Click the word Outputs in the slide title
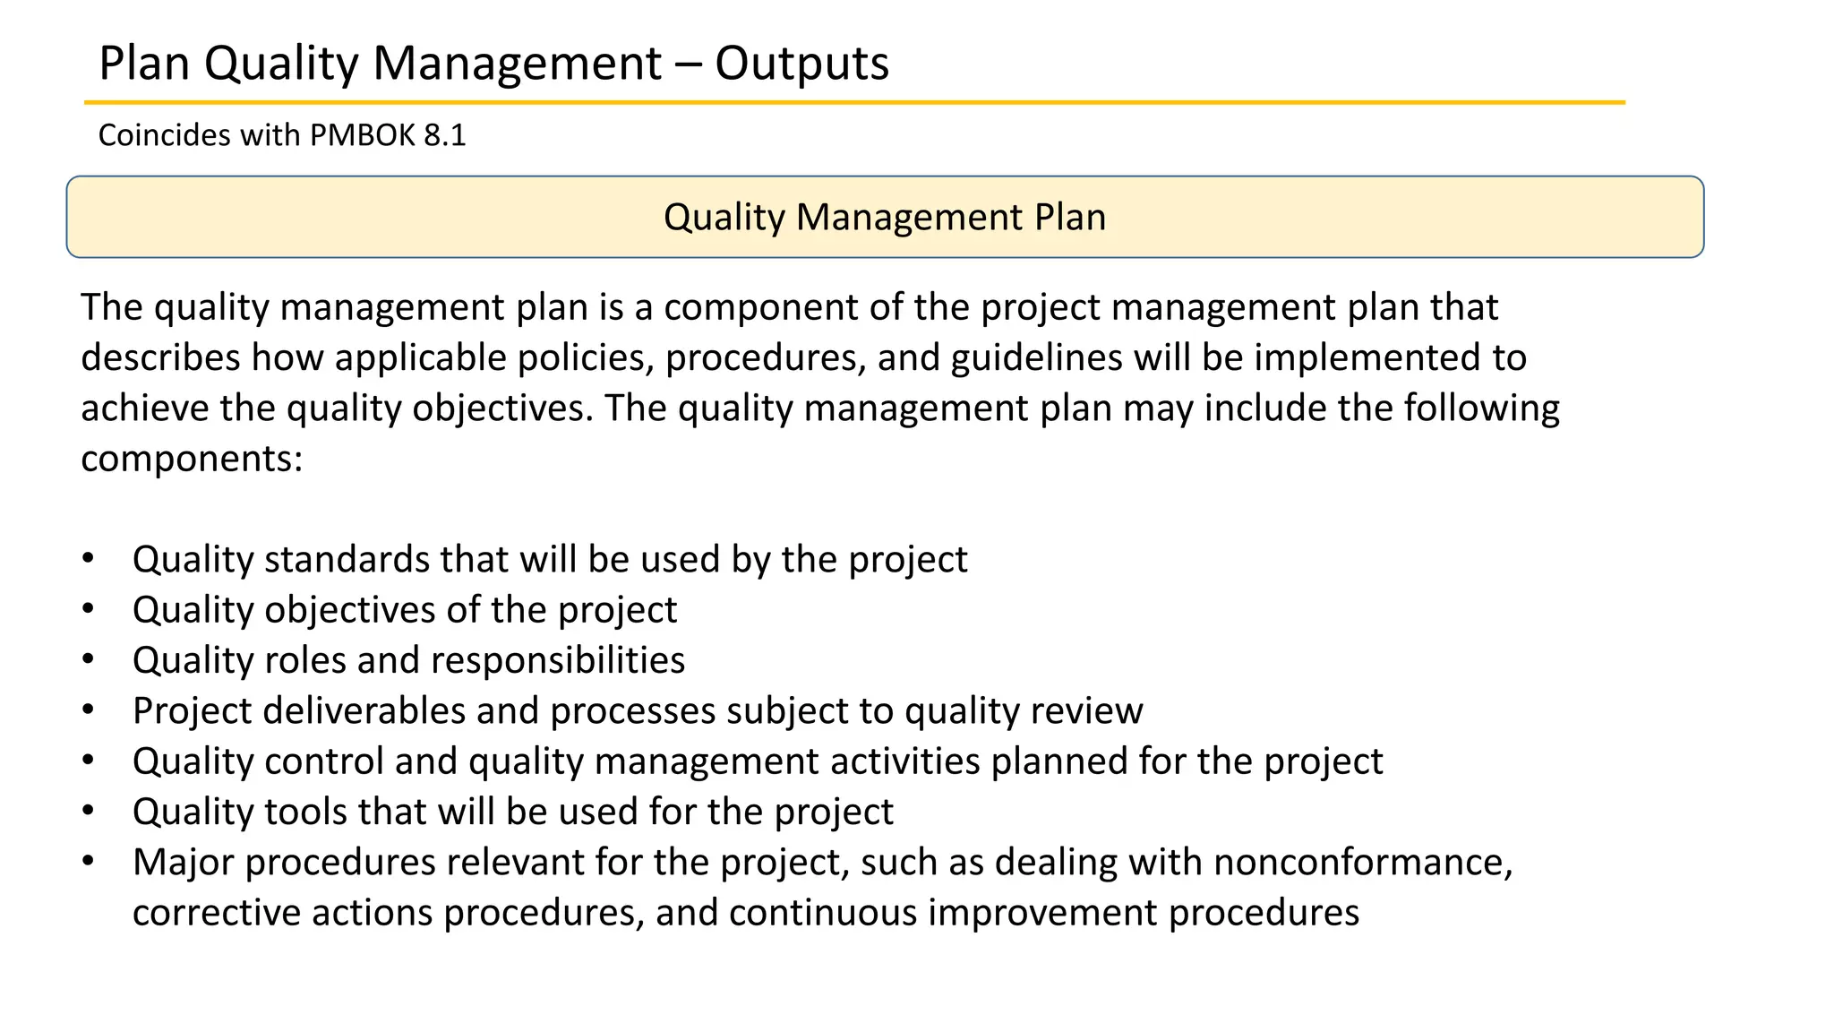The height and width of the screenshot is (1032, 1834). pos(801,64)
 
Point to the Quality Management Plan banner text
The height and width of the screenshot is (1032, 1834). pos(884,218)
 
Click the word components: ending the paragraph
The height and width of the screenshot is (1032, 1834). pos(192,460)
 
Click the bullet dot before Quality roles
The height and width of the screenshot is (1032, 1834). pos(88,659)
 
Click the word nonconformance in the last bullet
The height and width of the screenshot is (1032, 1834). pos(1361,863)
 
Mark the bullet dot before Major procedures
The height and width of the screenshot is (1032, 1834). pos(88,861)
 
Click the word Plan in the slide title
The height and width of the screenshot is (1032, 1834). pos(144,64)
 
